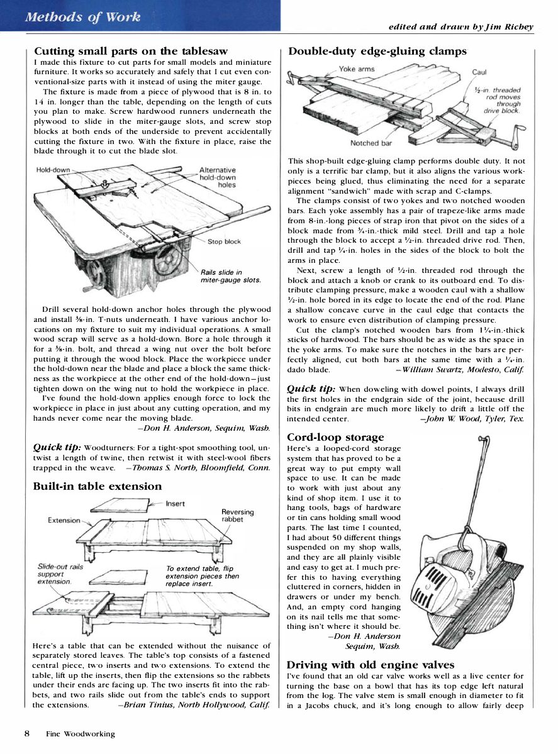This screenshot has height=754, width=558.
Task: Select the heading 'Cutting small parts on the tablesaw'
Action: click(131, 51)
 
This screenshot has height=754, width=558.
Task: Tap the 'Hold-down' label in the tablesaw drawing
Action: click(53, 170)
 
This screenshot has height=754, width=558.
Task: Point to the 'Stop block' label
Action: click(224, 241)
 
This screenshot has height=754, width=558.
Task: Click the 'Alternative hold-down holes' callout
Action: click(217, 177)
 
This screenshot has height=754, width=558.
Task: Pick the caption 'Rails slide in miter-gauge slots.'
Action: click(230, 276)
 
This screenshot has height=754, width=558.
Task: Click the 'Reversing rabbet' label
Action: click(237, 516)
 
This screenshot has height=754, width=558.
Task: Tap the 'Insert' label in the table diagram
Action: click(175, 504)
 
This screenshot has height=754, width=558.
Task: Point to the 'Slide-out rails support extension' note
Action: click(60, 574)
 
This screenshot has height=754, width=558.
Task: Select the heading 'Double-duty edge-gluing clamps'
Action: click(377, 51)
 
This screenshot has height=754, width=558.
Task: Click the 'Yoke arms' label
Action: click(356, 69)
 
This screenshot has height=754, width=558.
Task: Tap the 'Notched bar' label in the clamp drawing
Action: click(371, 143)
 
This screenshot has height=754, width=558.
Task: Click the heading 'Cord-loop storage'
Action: click(335, 437)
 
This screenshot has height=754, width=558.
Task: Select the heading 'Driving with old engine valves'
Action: click(370, 664)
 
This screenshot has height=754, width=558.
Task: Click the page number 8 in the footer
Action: click(27, 733)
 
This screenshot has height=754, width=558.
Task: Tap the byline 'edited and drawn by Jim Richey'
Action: click(460, 26)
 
